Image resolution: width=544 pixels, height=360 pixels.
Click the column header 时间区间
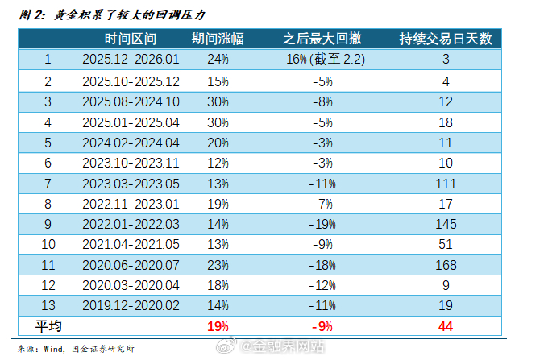(131, 38)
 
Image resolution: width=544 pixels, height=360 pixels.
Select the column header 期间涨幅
(218, 38)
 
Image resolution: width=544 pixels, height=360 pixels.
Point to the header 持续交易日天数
(446, 38)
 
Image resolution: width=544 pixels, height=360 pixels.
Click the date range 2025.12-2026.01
(131, 59)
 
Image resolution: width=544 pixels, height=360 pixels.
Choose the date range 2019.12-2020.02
(131, 304)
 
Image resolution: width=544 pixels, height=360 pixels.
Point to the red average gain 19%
(218, 326)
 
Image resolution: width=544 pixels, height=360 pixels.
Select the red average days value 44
(446, 326)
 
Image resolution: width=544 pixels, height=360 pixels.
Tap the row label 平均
(48, 326)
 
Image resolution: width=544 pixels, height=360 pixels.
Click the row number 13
(48, 304)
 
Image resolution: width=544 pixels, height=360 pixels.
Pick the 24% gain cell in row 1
(218, 59)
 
